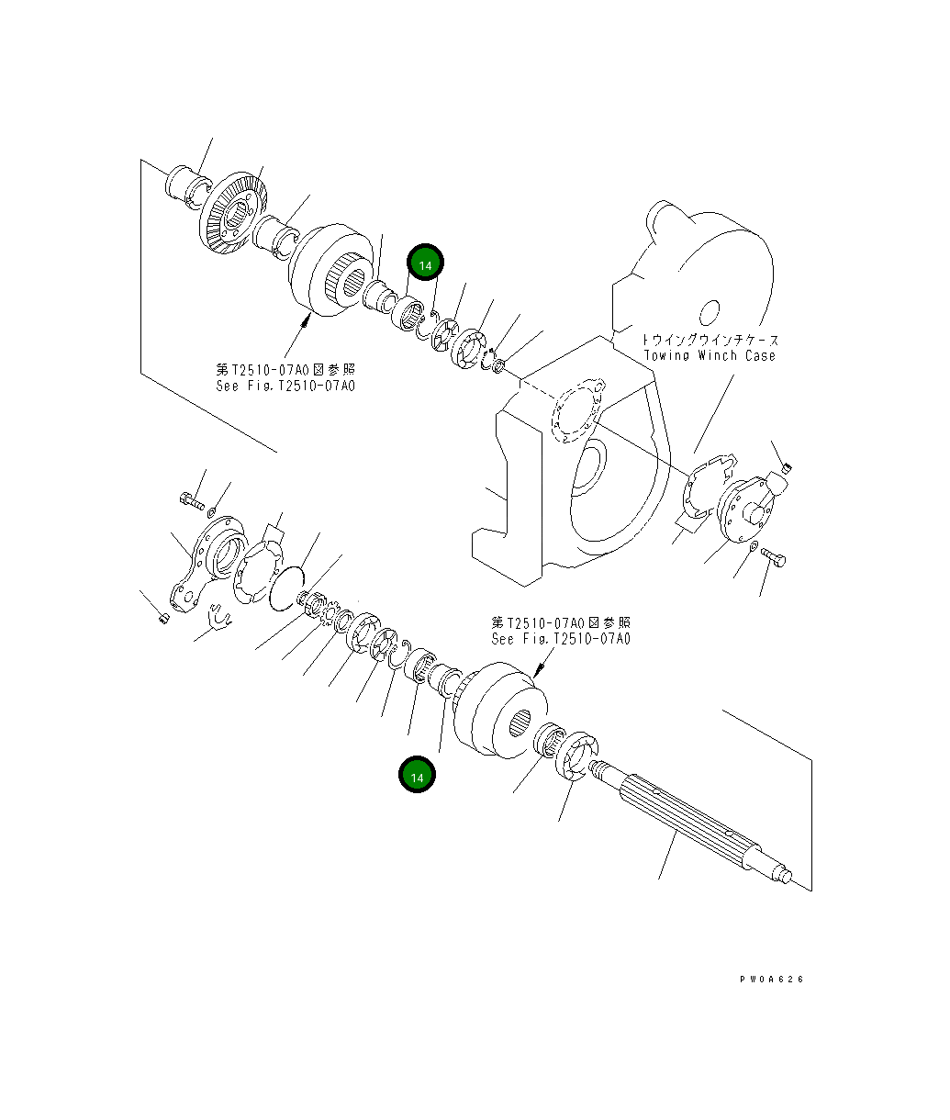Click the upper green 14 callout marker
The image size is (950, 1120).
(x=425, y=264)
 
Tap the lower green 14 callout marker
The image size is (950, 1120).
(x=417, y=776)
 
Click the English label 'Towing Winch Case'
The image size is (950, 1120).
(x=710, y=355)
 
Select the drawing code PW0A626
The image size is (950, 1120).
(x=771, y=980)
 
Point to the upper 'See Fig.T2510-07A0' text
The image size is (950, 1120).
(x=285, y=386)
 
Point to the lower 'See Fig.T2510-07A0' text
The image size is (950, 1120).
(x=561, y=639)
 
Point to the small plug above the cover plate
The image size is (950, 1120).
(x=786, y=470)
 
